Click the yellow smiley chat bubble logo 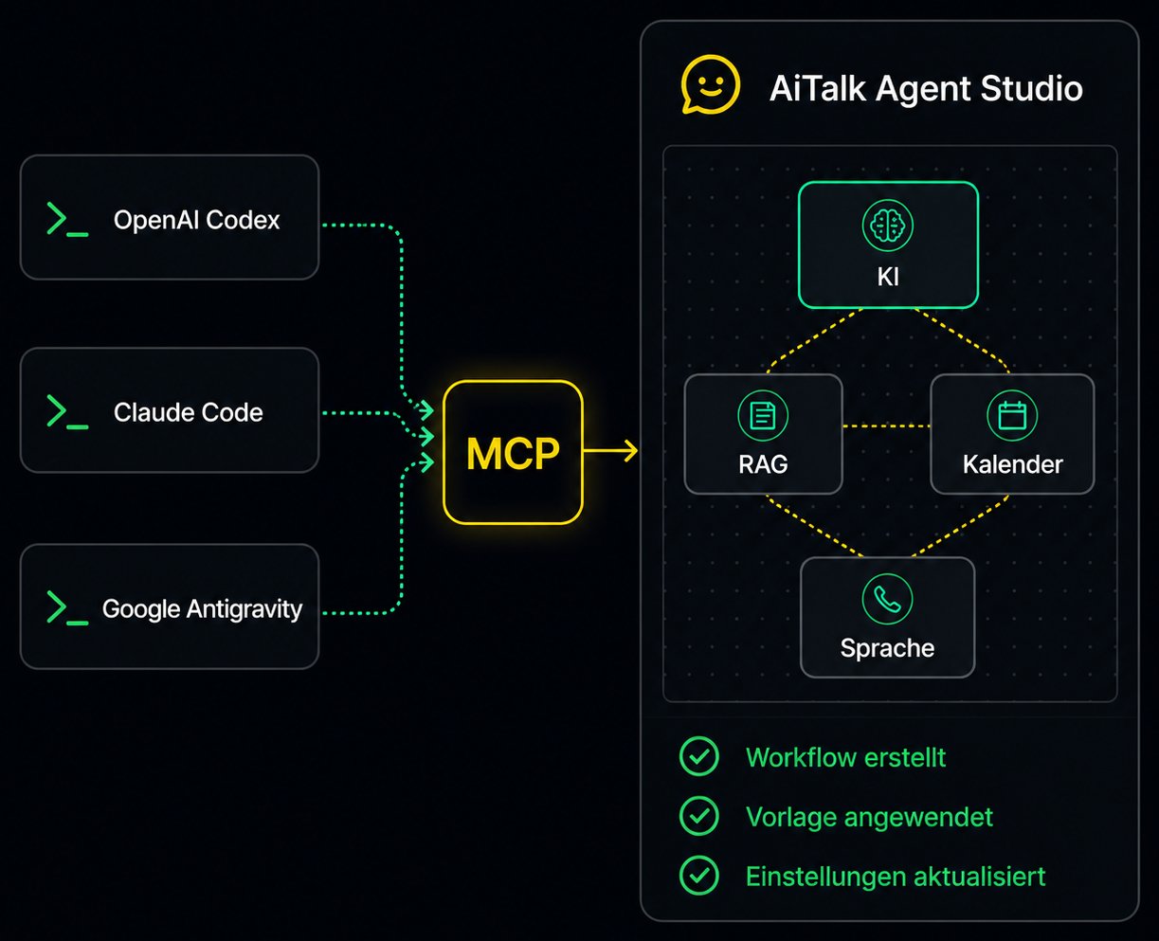(710, 85)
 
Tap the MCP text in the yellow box (513, 453)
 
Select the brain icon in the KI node (887, 226)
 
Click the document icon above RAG (762, 416)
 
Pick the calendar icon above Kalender (1012, 416)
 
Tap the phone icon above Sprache (887, 599)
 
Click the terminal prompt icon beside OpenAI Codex (67, 219)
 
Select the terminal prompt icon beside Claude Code (67, 412)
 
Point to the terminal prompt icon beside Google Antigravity (67, 607)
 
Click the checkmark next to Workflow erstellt (699, 756)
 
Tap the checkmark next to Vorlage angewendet (699, 815)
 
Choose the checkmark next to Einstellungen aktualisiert (699, 876)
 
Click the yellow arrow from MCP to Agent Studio (610, 451)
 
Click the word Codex (243, 220)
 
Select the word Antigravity (244, 609)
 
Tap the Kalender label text (1013, 464)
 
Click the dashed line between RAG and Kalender (886, 425)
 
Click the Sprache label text (887, 648)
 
